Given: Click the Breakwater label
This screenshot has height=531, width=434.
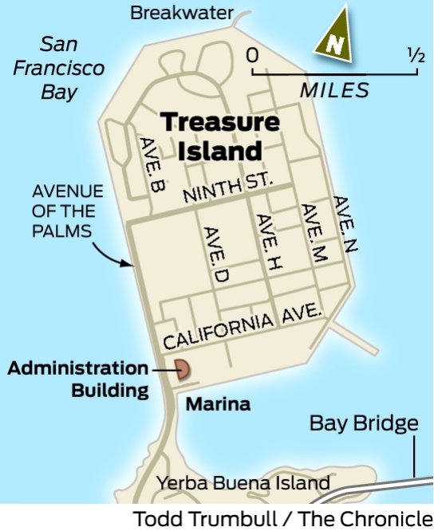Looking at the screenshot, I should point(182,13).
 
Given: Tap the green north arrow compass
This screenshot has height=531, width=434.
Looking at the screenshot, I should point(337,34).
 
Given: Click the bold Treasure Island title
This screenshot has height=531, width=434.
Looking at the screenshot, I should point(220,136).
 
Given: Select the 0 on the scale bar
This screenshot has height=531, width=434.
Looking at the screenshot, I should point(253,57).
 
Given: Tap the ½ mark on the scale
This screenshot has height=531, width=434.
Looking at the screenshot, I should point(416,56).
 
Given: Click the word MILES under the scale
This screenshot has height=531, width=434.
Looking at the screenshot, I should point(335,89).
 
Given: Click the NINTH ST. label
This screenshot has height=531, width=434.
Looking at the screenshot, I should point(228,189).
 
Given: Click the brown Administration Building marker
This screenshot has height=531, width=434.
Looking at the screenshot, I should point(183,369).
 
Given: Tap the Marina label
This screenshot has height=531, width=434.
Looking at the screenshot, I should point(218,404).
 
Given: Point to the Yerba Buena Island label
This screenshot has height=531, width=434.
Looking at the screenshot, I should point(243,482).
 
